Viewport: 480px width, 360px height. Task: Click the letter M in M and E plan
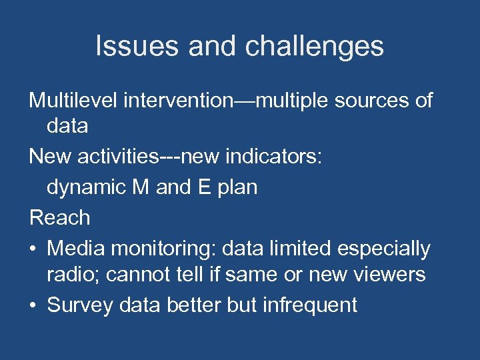tap(141, 187)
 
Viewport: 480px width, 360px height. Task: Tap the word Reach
tap(59, 217)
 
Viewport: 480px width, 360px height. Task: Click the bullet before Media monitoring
tap(33, 249)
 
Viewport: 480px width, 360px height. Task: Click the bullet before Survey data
tap(33, 306)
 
